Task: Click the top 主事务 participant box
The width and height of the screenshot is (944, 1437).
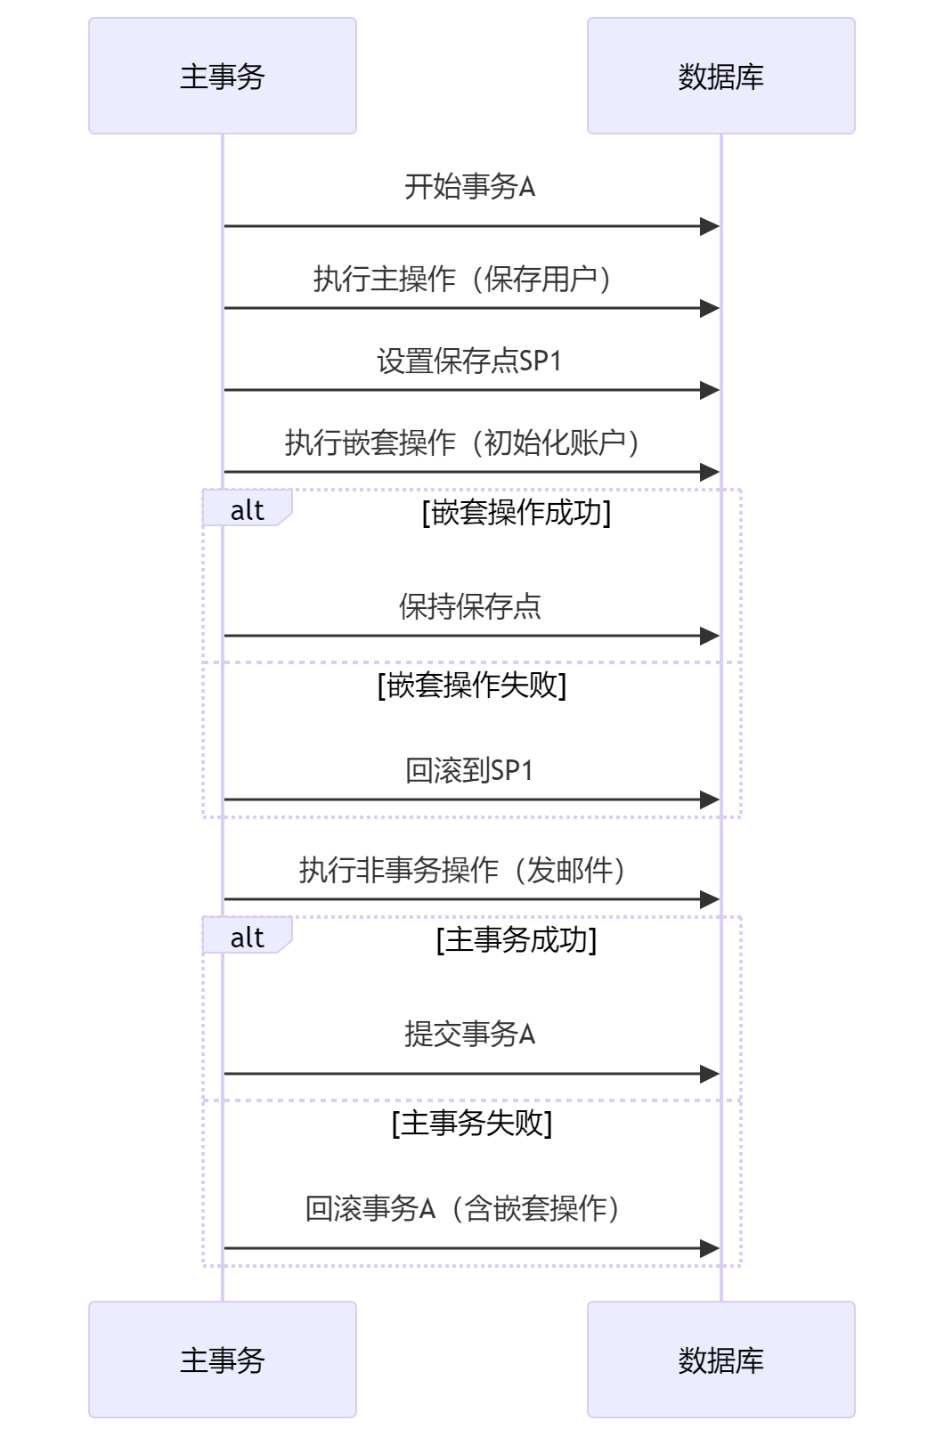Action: (223, 76)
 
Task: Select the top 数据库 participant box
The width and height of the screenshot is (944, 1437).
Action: (720, 76)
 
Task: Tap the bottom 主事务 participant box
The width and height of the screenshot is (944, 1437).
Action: (223, 1360)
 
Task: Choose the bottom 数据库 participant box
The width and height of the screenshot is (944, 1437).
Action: (720, 1360)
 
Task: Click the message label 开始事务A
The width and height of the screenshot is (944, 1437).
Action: (469, 187)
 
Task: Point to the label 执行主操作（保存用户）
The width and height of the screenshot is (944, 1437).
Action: (463, 280)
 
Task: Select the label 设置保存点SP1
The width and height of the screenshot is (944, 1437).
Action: (469, 361)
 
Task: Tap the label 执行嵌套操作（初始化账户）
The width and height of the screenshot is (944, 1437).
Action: (463, 442)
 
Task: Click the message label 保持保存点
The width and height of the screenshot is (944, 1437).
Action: (469, 607)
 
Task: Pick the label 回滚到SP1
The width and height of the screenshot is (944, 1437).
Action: (469, 770)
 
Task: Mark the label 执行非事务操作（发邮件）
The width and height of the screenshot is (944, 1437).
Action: (463, 870)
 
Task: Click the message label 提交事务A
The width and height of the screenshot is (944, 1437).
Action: (469, 1034)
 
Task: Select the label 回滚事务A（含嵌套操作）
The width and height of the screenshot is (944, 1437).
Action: (463, 1208)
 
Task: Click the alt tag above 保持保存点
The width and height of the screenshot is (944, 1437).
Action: (247, 509)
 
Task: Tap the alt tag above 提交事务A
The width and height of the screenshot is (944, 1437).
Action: (247, 937)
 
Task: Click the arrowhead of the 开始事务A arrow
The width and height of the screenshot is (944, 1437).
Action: (711, 227)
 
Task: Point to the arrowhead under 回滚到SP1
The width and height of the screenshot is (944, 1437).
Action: (711, 800)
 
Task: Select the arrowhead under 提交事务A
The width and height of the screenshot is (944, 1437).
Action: (711, 1075)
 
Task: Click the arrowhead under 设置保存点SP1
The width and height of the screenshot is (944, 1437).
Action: (711, 390)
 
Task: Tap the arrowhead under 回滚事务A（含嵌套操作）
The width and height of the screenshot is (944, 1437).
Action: (711, 1249)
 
